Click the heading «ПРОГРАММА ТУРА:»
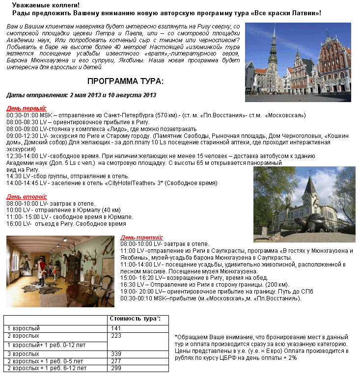[x=125, y=81]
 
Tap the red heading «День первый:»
[x=27, y=108]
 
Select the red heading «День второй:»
[x=27, y=196]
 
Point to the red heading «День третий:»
[x=141, y=237]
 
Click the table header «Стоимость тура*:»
[x=138, y=319]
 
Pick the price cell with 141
[x=116, y=328]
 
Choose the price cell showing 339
[x=116, y=353]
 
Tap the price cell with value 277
[x=116, y=361]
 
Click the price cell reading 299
[x=116, y=368]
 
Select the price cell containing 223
[x=116, y=336]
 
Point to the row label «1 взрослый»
[x=24, y=328]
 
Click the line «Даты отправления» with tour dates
[x=81, y=95]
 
